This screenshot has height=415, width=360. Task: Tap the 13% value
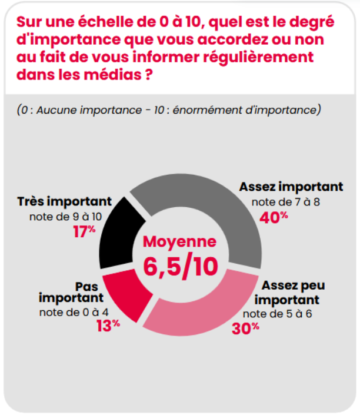point(108,325)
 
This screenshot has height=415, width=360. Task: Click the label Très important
point(64,202)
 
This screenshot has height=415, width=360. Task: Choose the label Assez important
point(291,187)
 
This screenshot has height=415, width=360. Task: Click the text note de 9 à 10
point(65,217)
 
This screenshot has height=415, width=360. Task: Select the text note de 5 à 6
point(277,313)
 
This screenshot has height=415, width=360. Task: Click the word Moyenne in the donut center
point(180,242)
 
